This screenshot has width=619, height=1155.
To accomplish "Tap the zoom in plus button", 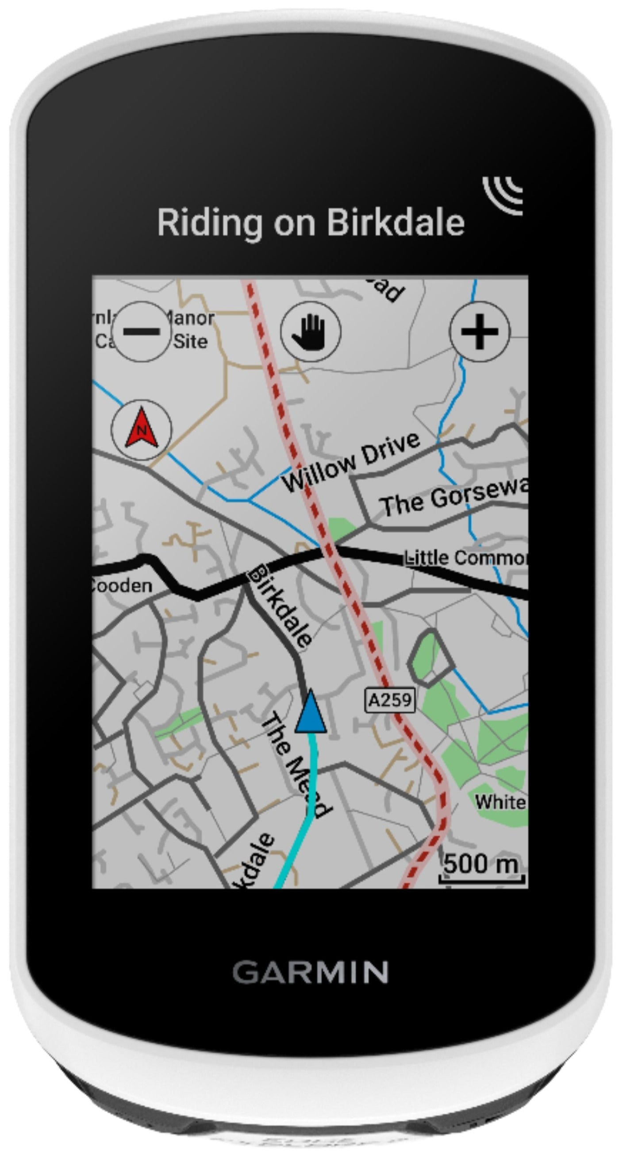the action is coord(479,332).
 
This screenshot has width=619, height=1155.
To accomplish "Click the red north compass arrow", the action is coord(142,429).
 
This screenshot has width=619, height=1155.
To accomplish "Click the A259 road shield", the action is coord(390,700).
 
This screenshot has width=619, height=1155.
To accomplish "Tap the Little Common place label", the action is coord(466,558).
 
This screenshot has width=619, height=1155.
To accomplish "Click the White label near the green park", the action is coord(500,802).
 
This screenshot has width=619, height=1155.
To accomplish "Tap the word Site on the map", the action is coord(191,342).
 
